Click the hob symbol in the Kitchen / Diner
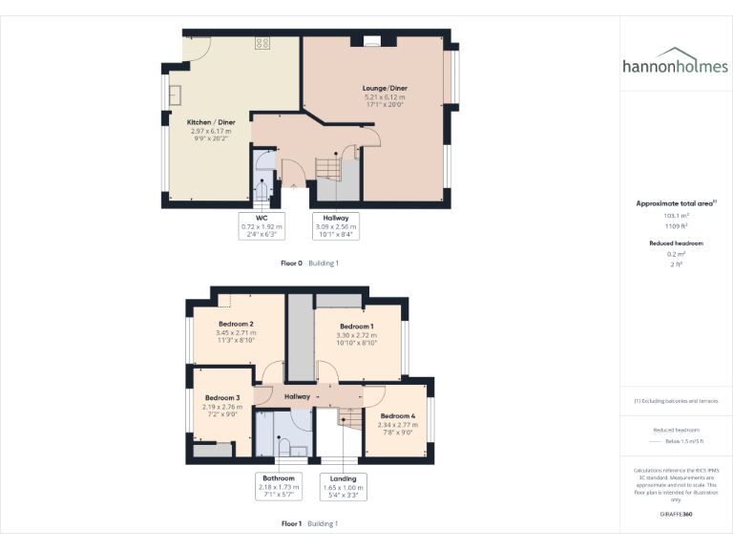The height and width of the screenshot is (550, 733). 262,42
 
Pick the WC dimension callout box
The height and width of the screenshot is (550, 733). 261,225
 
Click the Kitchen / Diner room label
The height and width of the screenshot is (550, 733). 211,122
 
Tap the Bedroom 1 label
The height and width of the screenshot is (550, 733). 357,327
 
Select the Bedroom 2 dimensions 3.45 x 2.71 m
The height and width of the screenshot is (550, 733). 235,332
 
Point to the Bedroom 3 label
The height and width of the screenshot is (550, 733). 222,397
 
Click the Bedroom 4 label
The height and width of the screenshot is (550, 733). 398,416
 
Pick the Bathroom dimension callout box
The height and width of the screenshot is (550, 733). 279,486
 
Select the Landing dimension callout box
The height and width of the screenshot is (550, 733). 343,486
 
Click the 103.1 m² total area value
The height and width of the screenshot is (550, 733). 676,216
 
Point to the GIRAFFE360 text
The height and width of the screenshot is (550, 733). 676,514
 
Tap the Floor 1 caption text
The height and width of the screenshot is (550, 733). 291,523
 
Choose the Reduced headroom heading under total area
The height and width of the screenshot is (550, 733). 676,243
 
